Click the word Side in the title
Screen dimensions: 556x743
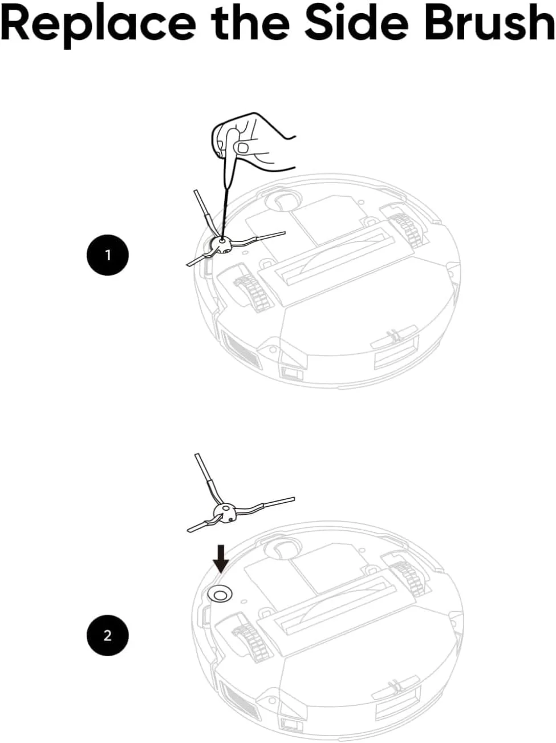(356, 22)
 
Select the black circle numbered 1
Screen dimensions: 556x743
(108, 255)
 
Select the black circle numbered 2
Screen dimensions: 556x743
(108, 636)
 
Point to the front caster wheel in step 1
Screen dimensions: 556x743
(283, 201)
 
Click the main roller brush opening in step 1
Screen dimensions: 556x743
(335, 256)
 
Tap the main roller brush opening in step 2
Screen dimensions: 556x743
(335, 604)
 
